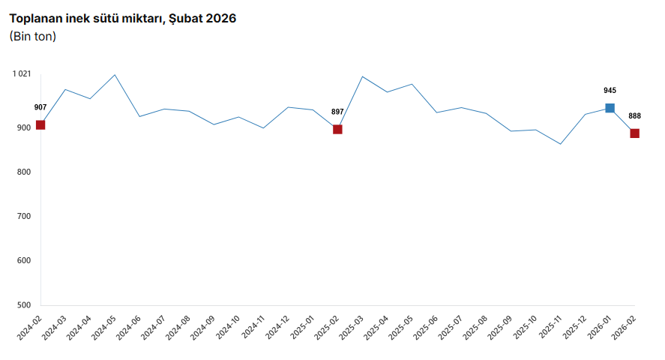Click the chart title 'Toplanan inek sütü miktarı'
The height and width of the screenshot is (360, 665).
(x=122, y=18)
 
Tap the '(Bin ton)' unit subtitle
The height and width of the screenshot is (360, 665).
(x=33, y=35)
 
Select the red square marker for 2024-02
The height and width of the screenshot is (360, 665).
(x=40, y=124)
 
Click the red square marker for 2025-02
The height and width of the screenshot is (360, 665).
(x=337, y=129)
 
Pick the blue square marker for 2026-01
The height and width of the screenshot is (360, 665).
(x=610, y=108)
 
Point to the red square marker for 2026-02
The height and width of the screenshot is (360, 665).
(x=634, y=133)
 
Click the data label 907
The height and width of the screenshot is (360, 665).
(x=40, y=107)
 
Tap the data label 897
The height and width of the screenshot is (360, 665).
(x=337, y=112)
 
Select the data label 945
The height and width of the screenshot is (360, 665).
(x=610, y=91)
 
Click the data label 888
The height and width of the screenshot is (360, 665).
(x=634, y=116)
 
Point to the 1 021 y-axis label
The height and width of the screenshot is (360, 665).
(x=21, y=73)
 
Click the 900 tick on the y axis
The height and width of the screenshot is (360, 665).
(x=23, y=127)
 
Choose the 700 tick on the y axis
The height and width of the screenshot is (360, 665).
(x=23, y=216)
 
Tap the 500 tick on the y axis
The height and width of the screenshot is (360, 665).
(x=23, y=305)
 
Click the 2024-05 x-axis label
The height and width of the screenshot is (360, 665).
(x=104, y=328)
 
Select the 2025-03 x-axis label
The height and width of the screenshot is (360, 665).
(x=352, y=328)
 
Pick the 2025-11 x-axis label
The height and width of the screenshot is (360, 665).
(x=550, y=328)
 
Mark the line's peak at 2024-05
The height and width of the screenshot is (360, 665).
(x=115, y=75)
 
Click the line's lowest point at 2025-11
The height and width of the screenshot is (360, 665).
(x=560, y=144)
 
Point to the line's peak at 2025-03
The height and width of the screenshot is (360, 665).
(x=362, y=76)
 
